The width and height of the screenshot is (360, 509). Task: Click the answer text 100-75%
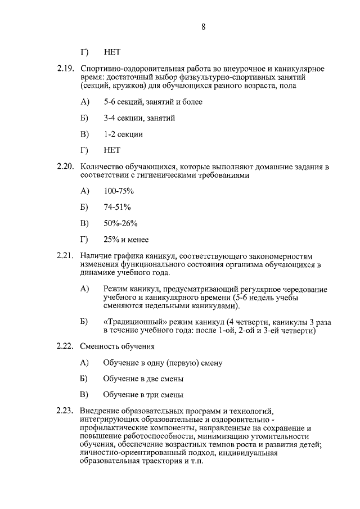click(115, 191)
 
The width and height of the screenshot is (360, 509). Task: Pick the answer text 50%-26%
click(120, 224)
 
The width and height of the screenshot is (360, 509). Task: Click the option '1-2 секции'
click(123, 134)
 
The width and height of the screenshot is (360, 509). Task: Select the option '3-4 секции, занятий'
click(139, 118)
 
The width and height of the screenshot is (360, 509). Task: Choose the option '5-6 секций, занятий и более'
click(153, 102)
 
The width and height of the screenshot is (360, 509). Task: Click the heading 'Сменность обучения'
click(118, 346)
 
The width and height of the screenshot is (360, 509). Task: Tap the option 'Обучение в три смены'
click(143, 395)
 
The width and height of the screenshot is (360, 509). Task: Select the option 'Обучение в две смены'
click(143, 379)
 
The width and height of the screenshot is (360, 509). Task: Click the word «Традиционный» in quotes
click(133, 322)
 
